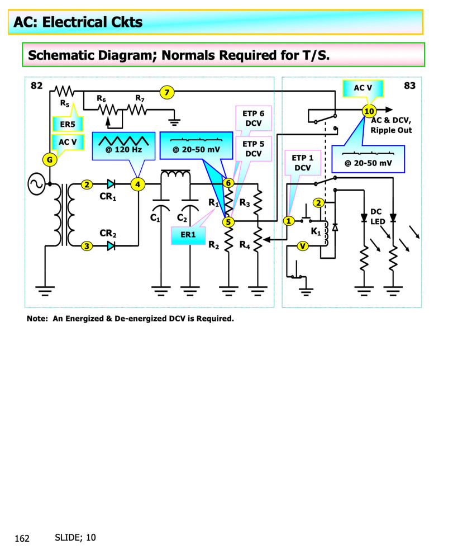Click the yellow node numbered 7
(x=166, y=92)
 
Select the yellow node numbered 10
(x=369, y=111)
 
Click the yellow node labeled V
(x=302, y=246)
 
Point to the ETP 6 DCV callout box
(x=254, y=118)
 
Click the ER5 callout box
(x=67, y=124)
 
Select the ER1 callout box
(x=188, y=235)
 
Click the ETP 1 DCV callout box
(x=302, y=162)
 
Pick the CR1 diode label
(x=107, y=197)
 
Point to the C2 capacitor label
(x=182, y=217)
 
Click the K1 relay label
(x=316, y=231)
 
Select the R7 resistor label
(x=140, y=99)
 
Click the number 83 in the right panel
(x=409, y=86)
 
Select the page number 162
(x=22, y=539)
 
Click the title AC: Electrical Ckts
(x=78, y=22)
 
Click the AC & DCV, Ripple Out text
(x=391, y=125)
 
